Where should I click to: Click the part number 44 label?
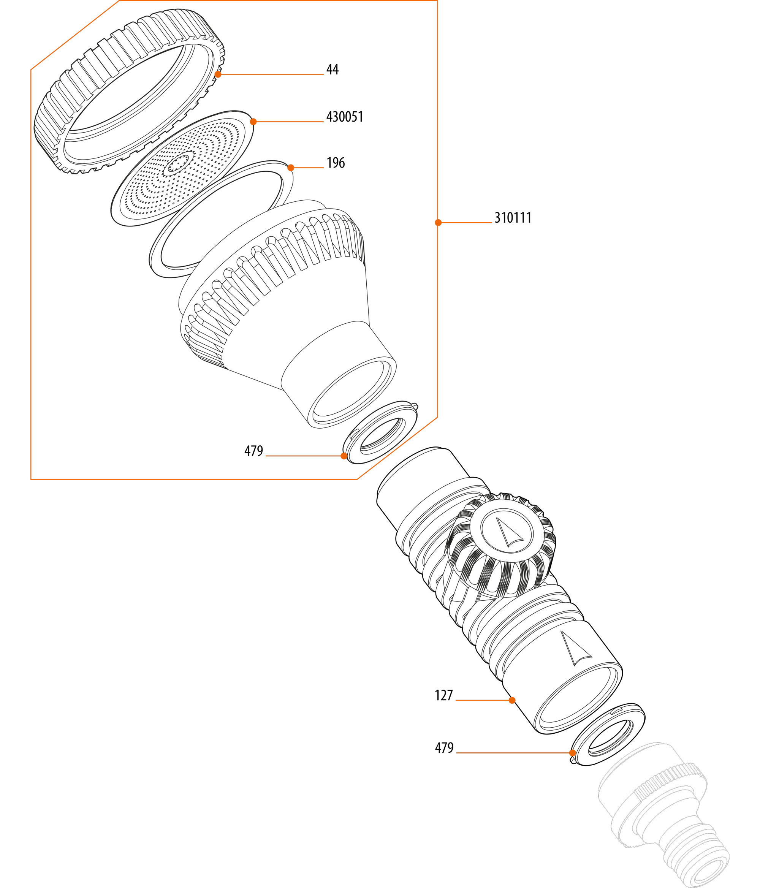tap(332, 70)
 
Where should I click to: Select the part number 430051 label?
tap(345, 117)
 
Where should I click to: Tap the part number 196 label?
tap(336, 163)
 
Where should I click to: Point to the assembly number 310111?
tap(513, 218)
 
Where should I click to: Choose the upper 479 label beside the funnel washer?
tap(254, 451)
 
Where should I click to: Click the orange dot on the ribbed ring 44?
tap(218, 74)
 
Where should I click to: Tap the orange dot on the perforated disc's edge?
tap(253, 122)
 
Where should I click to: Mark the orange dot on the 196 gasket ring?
tap(291, 168)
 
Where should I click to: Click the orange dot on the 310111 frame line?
tap(438, 222)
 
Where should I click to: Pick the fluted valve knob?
tap(501, 545)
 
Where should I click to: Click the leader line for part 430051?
tap(288, 122)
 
